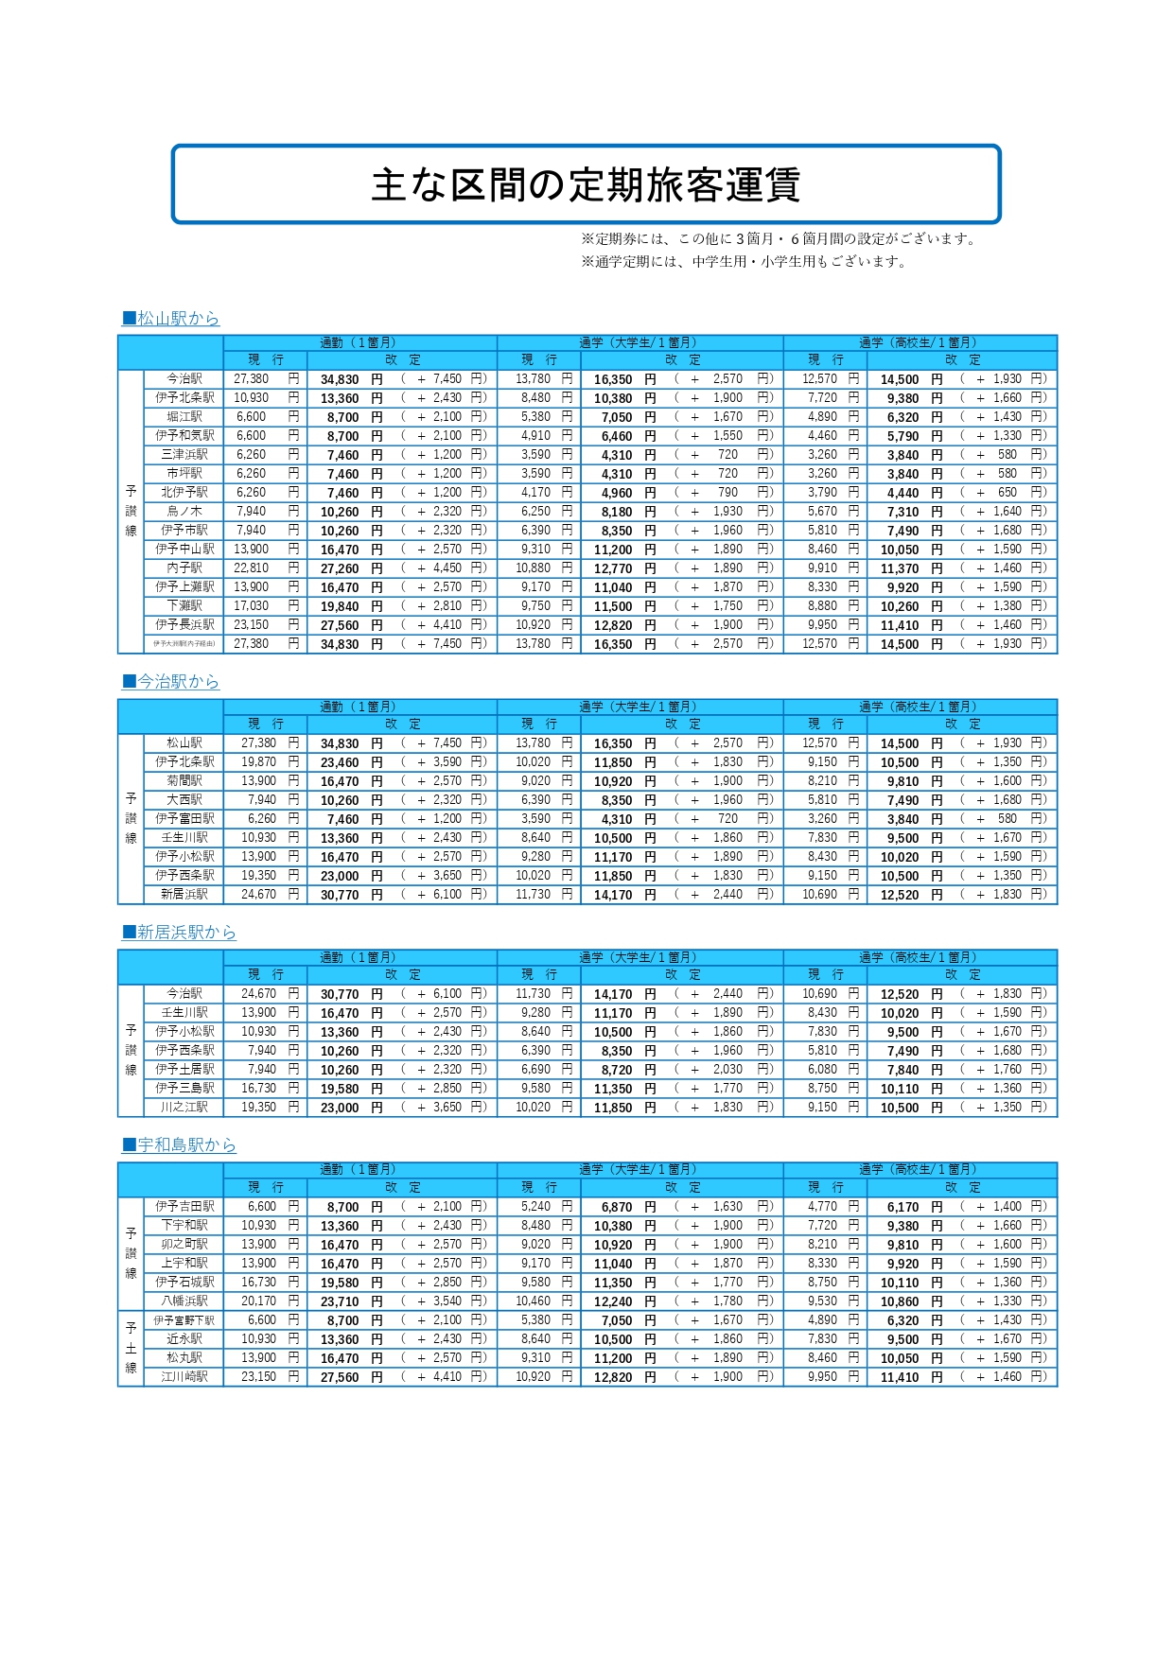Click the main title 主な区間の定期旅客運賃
pyautogui.click(x=586, y=184)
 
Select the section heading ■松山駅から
pyautogui.click(x=170, y=319)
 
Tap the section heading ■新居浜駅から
pyautogui.click(x=179, y=933)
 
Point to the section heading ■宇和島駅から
pyautogui.click(x=179, y=1145)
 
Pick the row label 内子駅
pyautogui.click(x=184, y=568)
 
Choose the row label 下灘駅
pyautogui.click(x=184, y=606)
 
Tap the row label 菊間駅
pyautogui.click(x=184, y=781)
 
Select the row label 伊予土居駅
pyautogui.click(x=184, y=1070)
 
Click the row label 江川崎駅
pyautogui.click(x=184, y=1377)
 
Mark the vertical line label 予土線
pyautogui.click(x=131, y=1349)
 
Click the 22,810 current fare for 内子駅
pyautogui.click(x=252, y=568)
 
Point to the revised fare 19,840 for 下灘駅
pyautogui.click(x=340, y=606)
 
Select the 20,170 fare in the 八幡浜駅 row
pyautogui.click(x=258, y=1301)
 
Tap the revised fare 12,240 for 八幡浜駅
pyautogui.click(x=613, y=1301)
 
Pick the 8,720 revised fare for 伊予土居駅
pyautogui.click(x=617, y=1070)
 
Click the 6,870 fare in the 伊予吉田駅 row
pyautogui.click(x=617, y=1207)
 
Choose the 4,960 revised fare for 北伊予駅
pyautogui.click(x=617, y=493)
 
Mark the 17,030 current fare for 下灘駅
pyautogui.click(x=252, y=606)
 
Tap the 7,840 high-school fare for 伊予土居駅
pyautogui.click(x=902, y=1070)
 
